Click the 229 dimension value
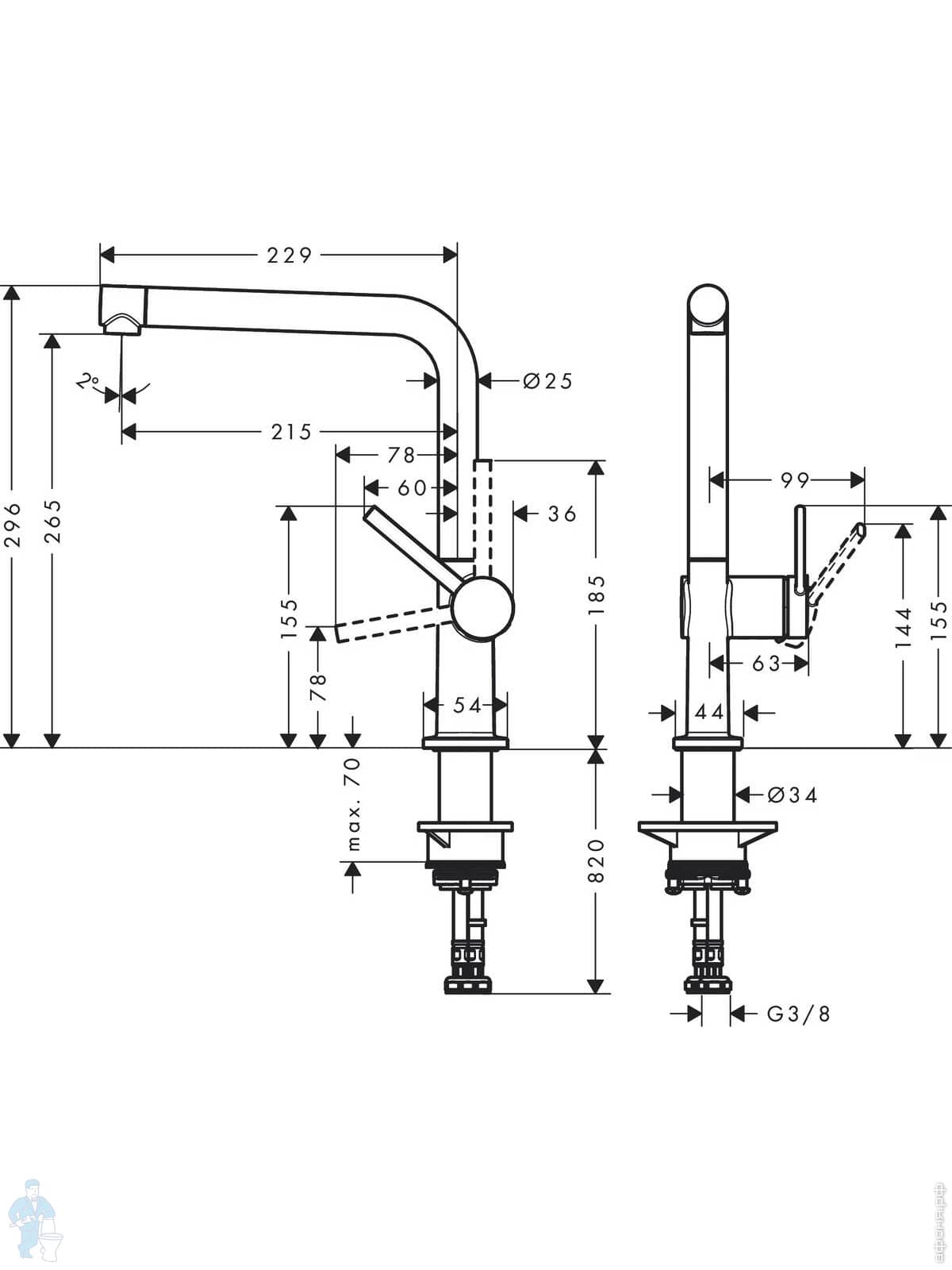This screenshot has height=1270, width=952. coord(290,255)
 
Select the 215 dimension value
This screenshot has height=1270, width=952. coord(292,432)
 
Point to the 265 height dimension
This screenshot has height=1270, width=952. coord(52,521)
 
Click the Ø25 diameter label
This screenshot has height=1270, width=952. coord(547,381)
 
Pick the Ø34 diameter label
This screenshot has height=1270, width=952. coord(792,794)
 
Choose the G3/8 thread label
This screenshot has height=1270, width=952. coord(798,1014)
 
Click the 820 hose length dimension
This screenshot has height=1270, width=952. coord(597,860)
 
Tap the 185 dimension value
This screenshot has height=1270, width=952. coord(597,595)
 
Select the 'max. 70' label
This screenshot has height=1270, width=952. coord(354,803)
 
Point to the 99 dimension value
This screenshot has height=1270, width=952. coord(794,479)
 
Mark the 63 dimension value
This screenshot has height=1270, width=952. coord(766,663)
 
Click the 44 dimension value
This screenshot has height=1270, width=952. coord(709,712)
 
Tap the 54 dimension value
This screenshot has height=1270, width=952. coord(466,704)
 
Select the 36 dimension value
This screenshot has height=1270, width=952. coord(562,514)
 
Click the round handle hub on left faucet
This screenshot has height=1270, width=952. coord(482,608)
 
